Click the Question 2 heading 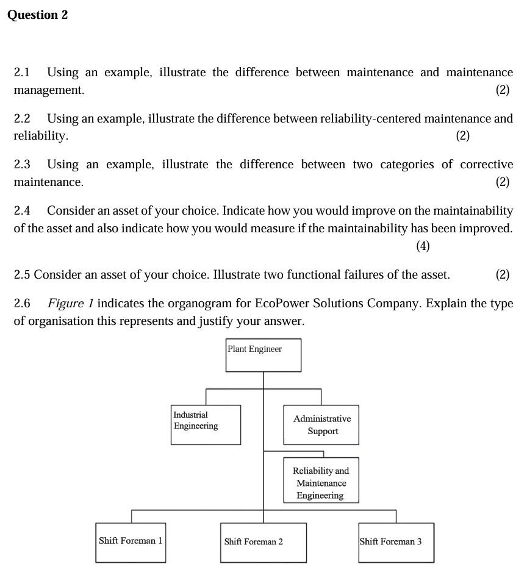(x=37, y=15)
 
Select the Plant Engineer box (x=263, y=355)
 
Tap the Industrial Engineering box (x=206, y=424)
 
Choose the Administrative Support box (x=321, y=424)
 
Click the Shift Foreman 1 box (x=131, y=542)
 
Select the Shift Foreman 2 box (x=263, y=542)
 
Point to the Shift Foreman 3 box (x=396, y=542)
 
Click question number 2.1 (x=22, y=73)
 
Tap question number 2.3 (x=22, y=165)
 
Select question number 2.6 (x=22, y=304)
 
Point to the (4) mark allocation (x=423, y=246)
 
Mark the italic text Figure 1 (x=70, y=304)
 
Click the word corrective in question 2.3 (x=486, y=165)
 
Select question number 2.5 (x=22, y=275)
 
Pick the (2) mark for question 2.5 (x=502, y=275)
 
